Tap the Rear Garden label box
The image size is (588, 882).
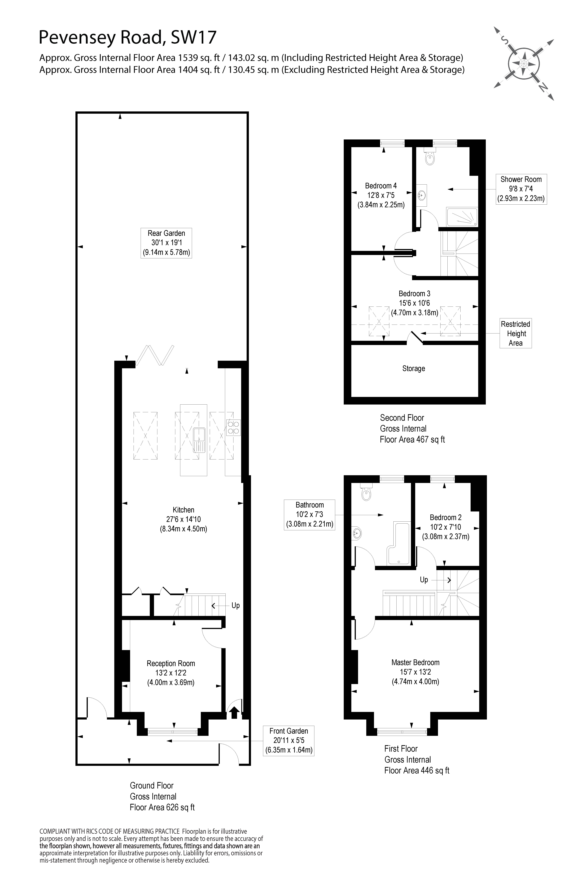(166, 243)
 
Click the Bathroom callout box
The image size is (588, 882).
(309, 514)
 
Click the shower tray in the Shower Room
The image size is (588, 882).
(462, 217)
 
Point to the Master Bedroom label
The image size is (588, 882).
(415, 663)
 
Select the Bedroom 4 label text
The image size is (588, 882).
(381, 186)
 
